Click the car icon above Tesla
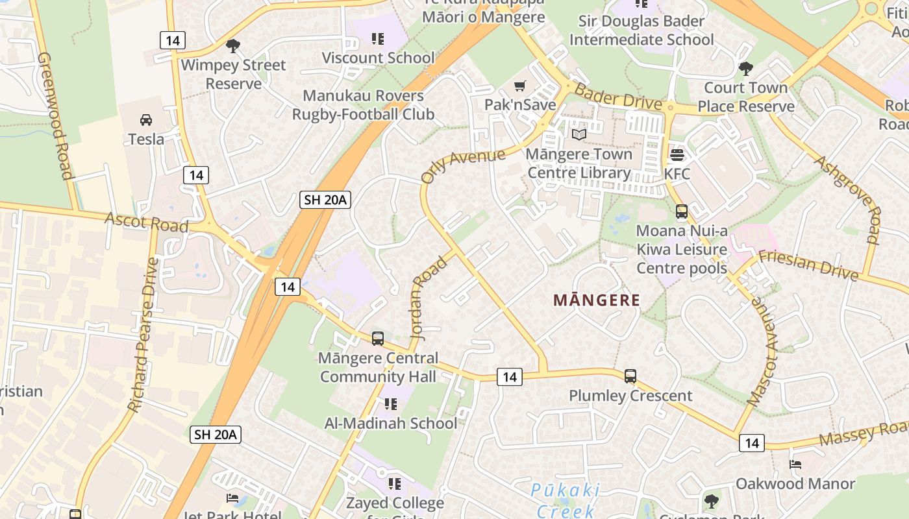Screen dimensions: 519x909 click(x=146, y=120)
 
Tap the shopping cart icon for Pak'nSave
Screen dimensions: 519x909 click(x=519, y=86)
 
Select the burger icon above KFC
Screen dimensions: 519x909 click(x=677, y=155)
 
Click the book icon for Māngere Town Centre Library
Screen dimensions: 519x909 click(x=579, y=134)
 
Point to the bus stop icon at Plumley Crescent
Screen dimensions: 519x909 click(x=630, y=376)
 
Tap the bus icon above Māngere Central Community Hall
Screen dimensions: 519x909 click(x=378, y=338)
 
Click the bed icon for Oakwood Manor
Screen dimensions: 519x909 click(x=795, y=465)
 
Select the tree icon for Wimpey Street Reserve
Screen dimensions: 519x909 click(x=232, y=46)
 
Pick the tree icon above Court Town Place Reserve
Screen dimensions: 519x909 click(x=746, y=68)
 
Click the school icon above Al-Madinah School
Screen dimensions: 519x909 click(x=390, y=404)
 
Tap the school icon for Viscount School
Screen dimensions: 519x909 click(x=378, y=39)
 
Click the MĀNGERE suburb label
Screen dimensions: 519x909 click(x=597, y=300)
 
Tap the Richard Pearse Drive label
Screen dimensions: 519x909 click(x=143, y=335)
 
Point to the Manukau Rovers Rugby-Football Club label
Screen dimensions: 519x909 click(x=363, y=105)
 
